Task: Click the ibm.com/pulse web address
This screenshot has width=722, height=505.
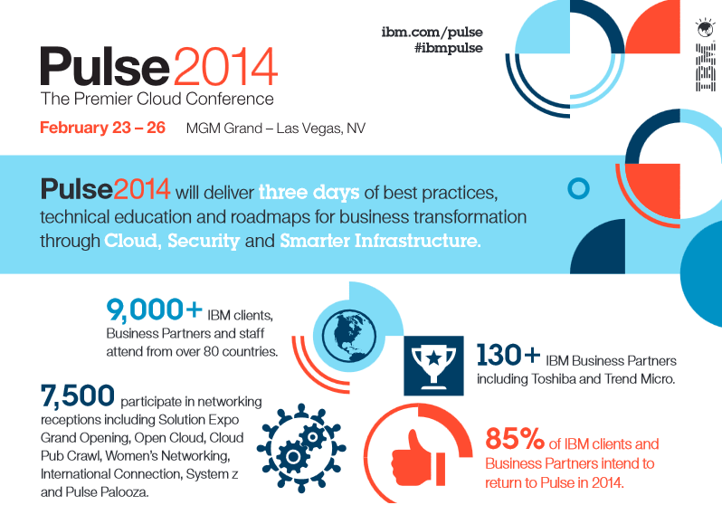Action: pos(432,33)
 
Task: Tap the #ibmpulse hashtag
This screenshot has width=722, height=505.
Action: pos(449,48)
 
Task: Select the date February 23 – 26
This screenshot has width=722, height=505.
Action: pos(102,128)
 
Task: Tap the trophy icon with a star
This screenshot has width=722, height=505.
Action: pos(433,366)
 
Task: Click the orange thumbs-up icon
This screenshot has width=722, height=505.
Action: pos(418,458)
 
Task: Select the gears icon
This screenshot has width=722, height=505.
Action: pos(301,446)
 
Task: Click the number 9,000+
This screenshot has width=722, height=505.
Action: pos(154,309)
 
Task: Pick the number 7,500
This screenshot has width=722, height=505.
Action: pos(78,395)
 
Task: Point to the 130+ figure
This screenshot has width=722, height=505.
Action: pos(508,355)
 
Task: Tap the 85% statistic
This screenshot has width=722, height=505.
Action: pos(515,438)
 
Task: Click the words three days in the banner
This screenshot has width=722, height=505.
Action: pos(309,192)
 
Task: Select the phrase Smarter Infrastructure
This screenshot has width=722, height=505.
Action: pos(380,241)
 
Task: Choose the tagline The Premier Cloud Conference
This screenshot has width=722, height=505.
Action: pos(157,99)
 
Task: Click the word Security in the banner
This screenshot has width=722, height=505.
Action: pos(204,241)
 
